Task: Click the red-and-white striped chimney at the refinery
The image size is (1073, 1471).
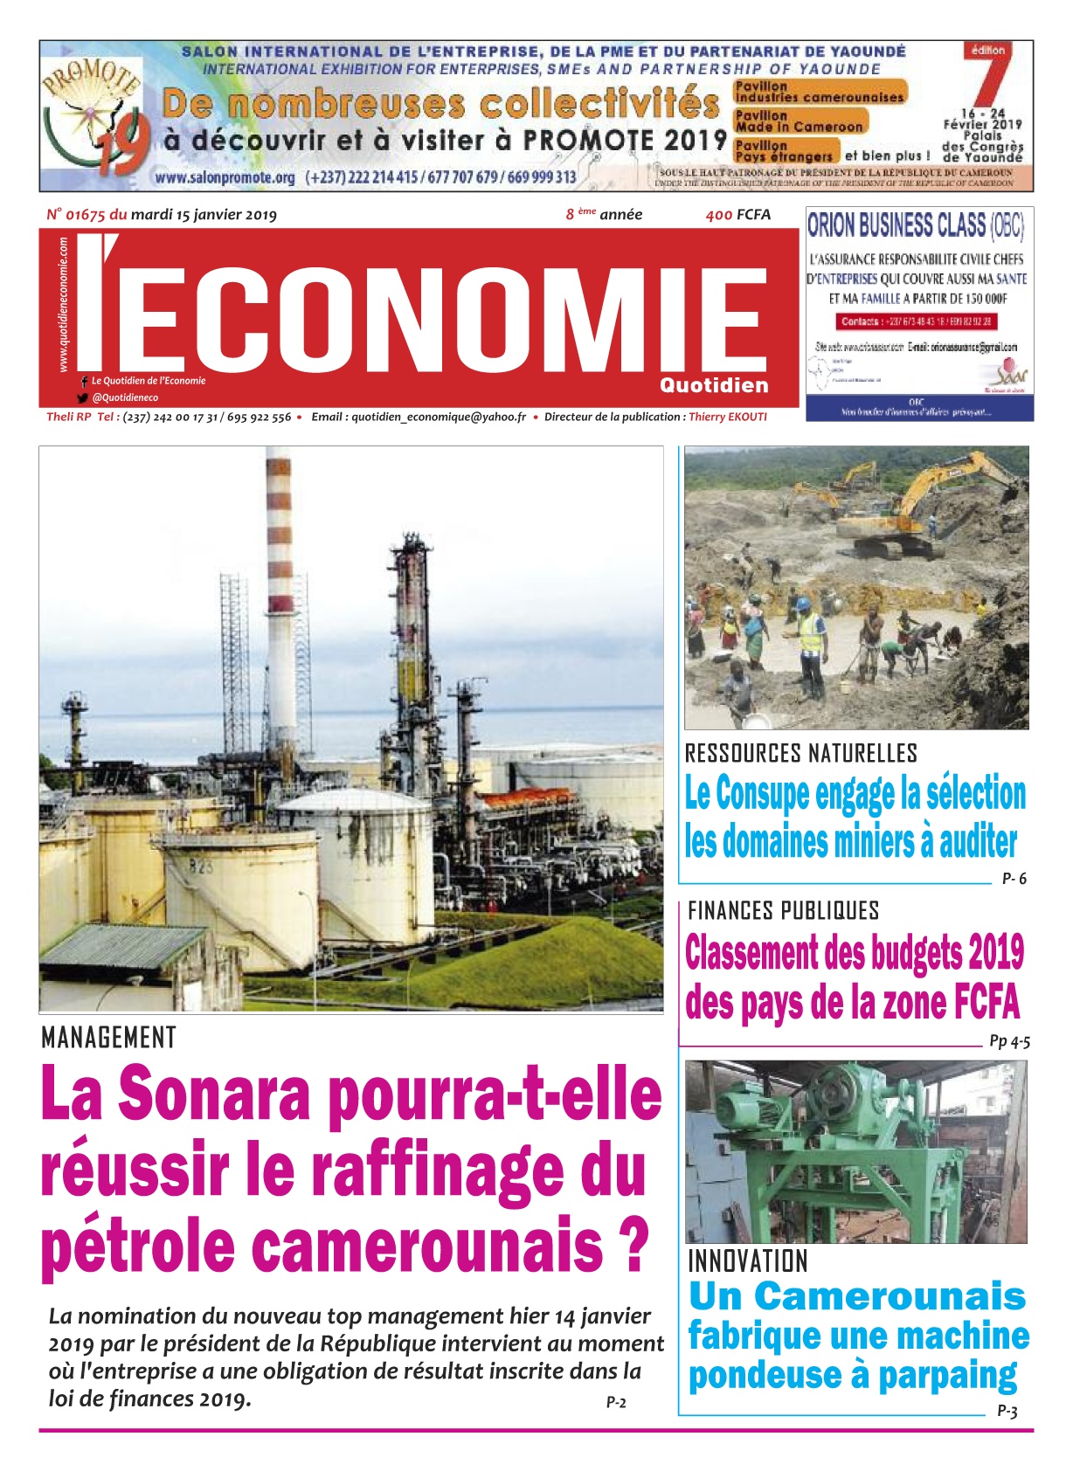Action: pos(279,568)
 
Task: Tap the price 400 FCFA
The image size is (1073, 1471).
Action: pos(738,215)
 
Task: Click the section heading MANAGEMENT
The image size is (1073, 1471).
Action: pos(109,1038)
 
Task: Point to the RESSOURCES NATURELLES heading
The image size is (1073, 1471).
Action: pos(800,753)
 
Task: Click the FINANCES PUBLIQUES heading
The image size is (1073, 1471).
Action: pos(783,911)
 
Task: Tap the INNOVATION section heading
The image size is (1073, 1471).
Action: pos(748,1261)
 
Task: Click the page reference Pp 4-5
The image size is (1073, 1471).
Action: pos(1009,1041)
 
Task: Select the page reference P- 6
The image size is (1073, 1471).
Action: pos(1014,879)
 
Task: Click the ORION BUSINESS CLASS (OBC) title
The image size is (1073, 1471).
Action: pos(915,226)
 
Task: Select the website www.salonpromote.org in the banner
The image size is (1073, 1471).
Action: pos(225,177)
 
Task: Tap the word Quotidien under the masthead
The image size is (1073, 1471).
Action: pos(714,386)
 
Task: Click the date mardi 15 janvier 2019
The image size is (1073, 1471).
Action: pos(204,215)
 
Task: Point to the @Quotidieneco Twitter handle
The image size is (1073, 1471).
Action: pos(125,397)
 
